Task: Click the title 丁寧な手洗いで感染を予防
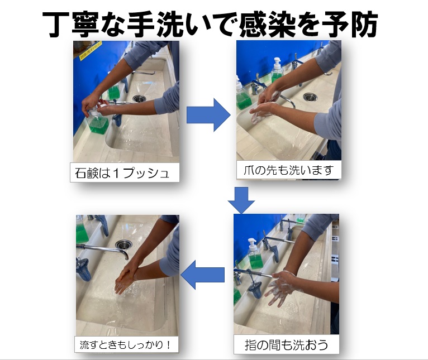(210, 25)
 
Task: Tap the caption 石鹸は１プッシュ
(122, 173)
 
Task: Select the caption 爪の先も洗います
(288, 170)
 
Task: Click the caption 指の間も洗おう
(286, 345)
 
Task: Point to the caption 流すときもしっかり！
(126, 345)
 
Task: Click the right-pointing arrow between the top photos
(208, 115)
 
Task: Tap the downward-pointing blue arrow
(241, 200)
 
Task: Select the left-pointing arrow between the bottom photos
(202, 275)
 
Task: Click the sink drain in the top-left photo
(139, 98)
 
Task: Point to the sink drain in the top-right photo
(310, 97)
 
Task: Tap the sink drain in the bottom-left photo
(123, 244)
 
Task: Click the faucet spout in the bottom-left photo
(104, 249)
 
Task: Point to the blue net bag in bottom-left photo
(83, 269)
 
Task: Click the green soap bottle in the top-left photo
(98, 124)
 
